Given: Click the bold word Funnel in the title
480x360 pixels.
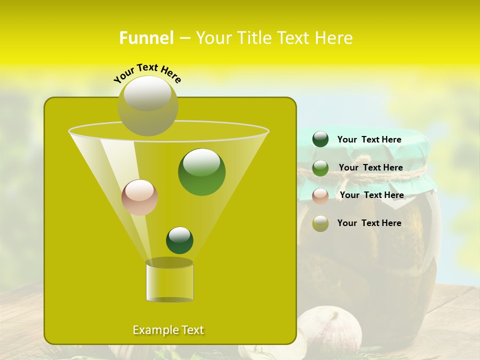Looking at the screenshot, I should tap(146, 38).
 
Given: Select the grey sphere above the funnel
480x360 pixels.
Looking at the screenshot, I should tap(148, 106).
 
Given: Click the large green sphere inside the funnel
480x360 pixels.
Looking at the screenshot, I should tap(201, 172).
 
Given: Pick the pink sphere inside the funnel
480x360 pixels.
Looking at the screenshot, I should tap(139, 197).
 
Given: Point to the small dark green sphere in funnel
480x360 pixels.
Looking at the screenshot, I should tap(179, 240).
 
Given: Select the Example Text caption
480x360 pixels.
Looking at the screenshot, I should tap(168, 330).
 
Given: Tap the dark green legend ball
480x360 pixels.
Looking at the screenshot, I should tap(320, 139).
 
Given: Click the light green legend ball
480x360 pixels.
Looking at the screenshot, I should tap(320, 168).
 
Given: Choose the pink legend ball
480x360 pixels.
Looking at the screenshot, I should tap(320, 196).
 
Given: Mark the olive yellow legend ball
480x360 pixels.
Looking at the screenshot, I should tap(320, 223).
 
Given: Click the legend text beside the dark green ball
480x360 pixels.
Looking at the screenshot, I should tap(369, 140).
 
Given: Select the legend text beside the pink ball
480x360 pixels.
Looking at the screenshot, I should tap(371, 195).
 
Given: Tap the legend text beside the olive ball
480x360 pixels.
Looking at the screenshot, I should tap(369, 223).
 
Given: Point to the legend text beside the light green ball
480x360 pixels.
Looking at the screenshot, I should tap(370, 167).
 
